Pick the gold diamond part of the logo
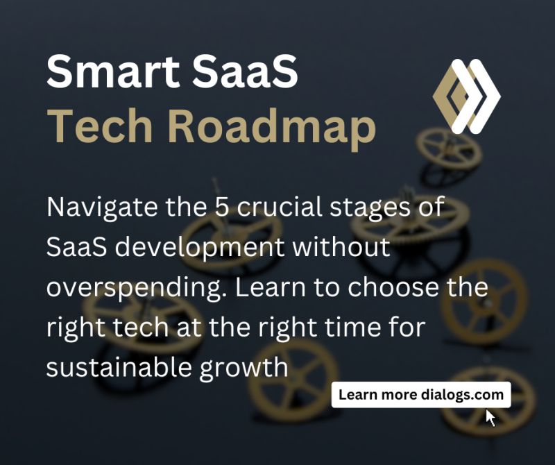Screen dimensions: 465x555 [449, 97]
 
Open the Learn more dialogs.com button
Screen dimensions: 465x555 [421, 395]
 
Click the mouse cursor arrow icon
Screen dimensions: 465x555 [490, 417]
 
